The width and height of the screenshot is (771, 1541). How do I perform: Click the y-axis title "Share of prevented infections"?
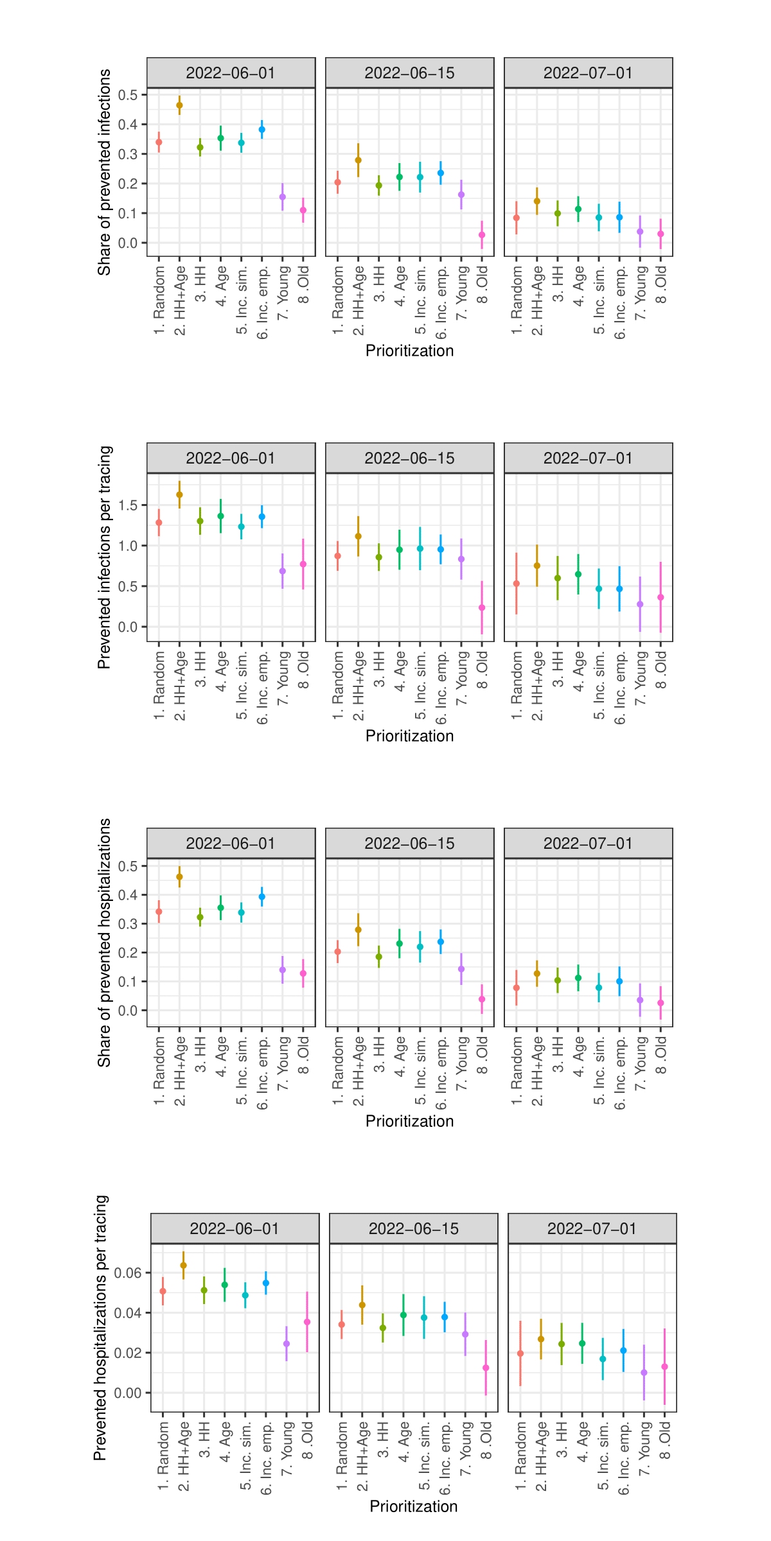click(x=104, y=172)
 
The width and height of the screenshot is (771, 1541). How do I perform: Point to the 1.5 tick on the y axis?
click(x=128, y=505)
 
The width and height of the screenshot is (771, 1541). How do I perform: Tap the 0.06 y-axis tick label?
click(x=128, y=1273)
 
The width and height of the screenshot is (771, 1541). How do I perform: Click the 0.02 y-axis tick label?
click(x=128, y=1353)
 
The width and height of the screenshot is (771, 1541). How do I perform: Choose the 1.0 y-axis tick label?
click(x=128, y=546)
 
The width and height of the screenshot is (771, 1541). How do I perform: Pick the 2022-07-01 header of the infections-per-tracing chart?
click(x=588, y=458)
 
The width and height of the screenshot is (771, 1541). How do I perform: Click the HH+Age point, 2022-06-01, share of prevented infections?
click(x=179, y=105)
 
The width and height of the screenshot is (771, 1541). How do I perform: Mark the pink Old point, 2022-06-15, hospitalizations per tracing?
click(x=486, y=1368)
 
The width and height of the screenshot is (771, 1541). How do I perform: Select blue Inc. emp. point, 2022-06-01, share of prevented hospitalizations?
click(x=262, y=897)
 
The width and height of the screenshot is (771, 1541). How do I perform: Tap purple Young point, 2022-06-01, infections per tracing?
click(x=283, y=571)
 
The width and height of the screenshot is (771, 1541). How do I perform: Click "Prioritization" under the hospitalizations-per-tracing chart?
click(x=413, y=1506)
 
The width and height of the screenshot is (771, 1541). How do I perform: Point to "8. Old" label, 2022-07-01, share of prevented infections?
click(x=661, y=285)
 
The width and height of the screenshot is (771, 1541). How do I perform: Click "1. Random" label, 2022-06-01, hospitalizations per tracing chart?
click(x=163, y=1456)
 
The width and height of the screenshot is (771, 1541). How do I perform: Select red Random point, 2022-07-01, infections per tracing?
click(x=517, y=584)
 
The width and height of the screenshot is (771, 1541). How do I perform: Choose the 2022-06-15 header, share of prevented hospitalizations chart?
click(x=409, y=844)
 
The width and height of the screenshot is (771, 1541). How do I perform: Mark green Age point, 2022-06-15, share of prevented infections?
click(x=400, y=177)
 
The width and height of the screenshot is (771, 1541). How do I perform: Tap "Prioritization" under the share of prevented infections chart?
click(x=409, y=351)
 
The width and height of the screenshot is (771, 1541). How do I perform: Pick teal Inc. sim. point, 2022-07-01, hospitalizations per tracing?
click(x=603, y=1359)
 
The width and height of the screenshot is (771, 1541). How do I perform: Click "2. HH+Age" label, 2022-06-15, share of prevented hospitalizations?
click(x=359, y=1070)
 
